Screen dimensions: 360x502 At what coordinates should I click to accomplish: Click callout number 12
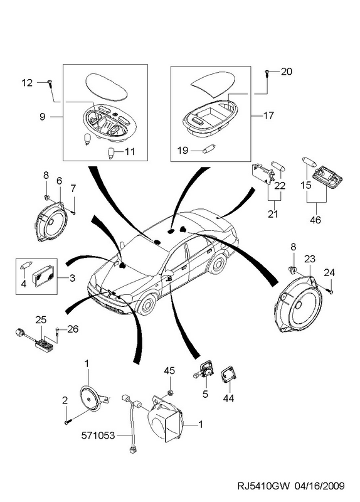[x=27, y=83]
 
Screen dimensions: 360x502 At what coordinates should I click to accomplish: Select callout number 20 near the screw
[x=287, y=72]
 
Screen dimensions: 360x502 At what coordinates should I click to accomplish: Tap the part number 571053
[x=98, y=435]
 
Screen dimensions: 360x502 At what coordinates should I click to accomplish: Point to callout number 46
[x=315, y=220]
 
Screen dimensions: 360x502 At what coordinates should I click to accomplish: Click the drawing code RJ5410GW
[x=263, y=486]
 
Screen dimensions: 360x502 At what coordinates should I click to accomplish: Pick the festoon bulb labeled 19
[x=208, y=150]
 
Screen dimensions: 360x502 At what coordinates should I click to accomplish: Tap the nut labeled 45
[x=170, y=392]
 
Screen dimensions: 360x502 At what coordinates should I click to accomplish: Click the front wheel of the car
[x=147, y=304]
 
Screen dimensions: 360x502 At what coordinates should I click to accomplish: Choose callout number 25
[x=41, y=319]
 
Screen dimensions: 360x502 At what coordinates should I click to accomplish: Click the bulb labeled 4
[x=25, y=265]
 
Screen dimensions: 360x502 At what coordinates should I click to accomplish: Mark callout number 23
[x=309, y=259]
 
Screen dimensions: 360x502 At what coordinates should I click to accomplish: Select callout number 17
[x=269, y=115]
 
